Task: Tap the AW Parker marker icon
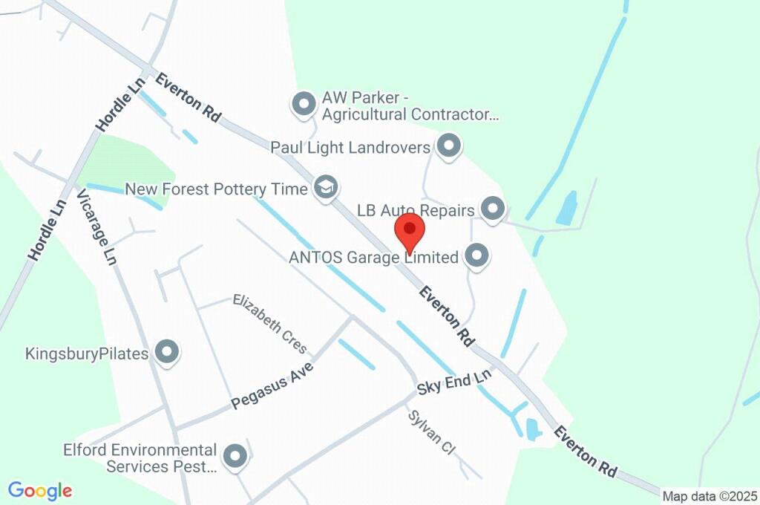click(304, 105)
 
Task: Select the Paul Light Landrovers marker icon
click(448, 146)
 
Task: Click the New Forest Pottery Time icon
click(324, 188)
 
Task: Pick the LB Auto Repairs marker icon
click(492, 209)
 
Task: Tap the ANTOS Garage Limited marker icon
click(476, 257)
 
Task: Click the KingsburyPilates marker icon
click(167, 353)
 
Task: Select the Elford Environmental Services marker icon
click(235, 457)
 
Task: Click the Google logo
click(40, 491)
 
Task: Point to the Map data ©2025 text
click(710, 496)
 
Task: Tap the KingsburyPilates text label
click(87, 353)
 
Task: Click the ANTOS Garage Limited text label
click(373, 258)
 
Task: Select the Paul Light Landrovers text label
click(350, 147)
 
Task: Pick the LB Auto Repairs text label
click(416, 210)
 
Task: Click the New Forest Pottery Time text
click(216, 189)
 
